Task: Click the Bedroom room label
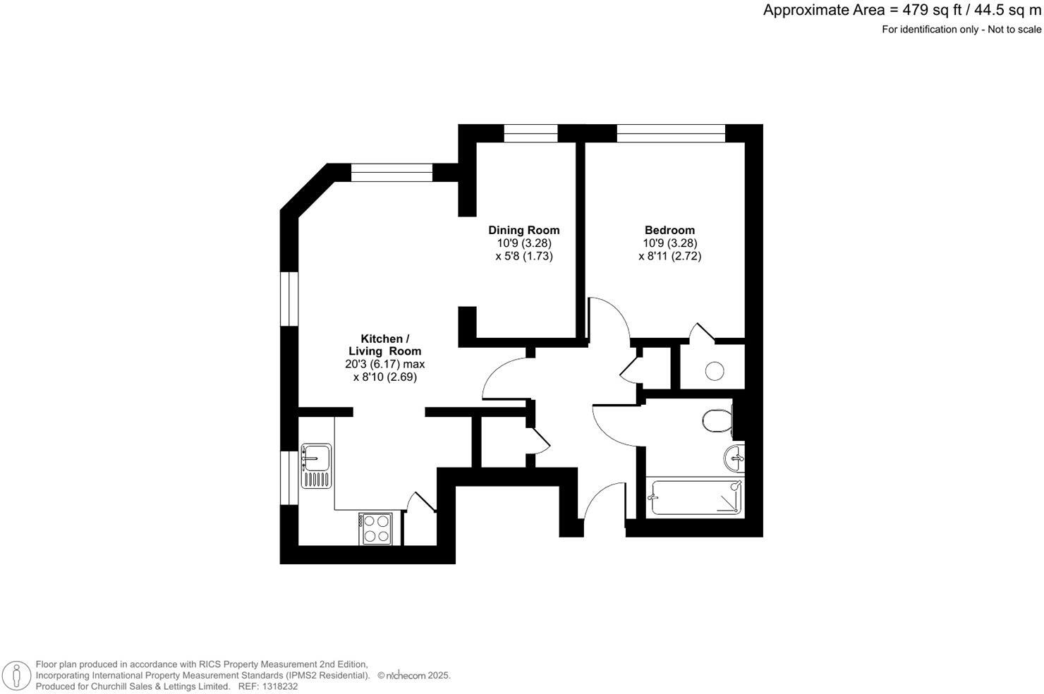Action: (x=669, y=230)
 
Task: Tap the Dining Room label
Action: (x=523, y=230)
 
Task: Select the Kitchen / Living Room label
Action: (x=384, y=345)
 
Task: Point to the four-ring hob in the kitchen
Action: (x=375, y=528)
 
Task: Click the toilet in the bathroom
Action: (x=717, y=421)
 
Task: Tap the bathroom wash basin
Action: (x=734, y=458)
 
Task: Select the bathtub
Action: (x=695, y=498)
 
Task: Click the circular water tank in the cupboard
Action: (x=715, y=370)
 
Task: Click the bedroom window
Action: (x=671, y=133)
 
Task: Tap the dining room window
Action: (x=530, y=133)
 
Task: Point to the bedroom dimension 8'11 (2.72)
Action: (x=669, y=256)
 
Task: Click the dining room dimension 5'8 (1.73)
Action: (x=523, y=256)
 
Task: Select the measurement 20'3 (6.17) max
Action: (x=384, y=364)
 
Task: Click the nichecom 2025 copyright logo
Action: (x=414, y=675)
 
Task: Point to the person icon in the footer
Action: (x=16, y=675)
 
